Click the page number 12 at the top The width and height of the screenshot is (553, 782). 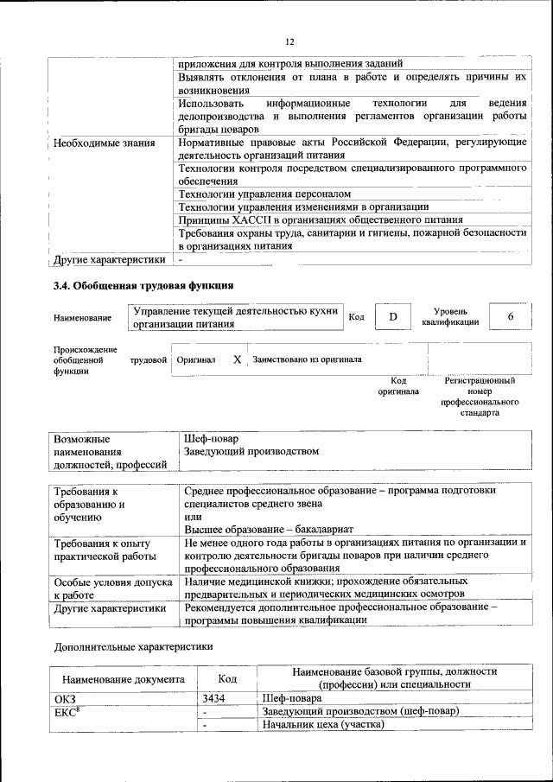(290, 41)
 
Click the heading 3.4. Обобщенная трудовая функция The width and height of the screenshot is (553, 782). (143, 285)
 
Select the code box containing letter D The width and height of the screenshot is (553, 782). (393, 317)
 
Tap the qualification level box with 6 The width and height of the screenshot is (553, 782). (511, 317)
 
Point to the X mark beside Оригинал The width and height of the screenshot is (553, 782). (236, 359)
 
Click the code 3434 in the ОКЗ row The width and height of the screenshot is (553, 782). (214, 698)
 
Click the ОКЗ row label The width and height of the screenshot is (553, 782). (65, 698)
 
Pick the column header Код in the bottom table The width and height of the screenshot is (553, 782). (226, 679)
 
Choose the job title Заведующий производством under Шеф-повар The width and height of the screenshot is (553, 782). (251, 451)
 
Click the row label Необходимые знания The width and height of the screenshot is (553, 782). (105, 143)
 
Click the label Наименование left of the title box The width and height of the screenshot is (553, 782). (82, 318)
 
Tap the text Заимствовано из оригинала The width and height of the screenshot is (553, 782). (307, 359)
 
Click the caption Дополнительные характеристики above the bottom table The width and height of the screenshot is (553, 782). (133, 645)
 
